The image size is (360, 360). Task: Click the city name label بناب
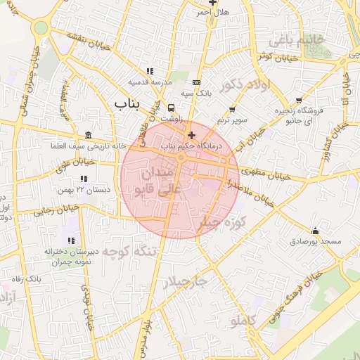(127, 104)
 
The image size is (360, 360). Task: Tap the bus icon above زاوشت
(172, 108)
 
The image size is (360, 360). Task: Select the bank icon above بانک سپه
(196, 82)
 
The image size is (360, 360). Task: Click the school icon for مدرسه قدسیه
(150, 71)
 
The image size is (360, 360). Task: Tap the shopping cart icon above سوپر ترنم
(232, 110)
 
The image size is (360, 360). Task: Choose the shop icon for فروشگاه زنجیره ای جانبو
(300, 100)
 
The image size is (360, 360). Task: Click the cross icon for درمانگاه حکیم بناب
(191, 134)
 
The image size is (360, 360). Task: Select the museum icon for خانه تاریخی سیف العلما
(87, 135)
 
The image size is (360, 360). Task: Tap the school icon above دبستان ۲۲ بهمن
(84, 179)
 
